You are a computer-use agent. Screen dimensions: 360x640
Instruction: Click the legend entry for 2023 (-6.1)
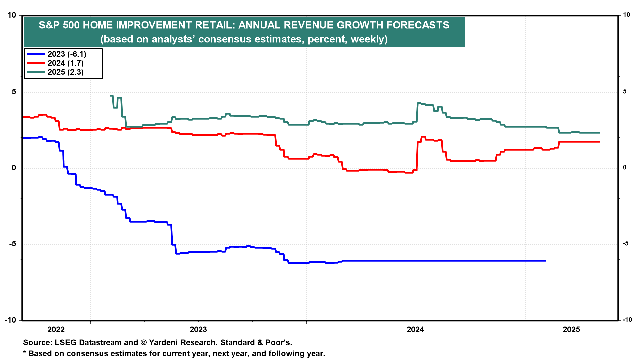click(67, 54)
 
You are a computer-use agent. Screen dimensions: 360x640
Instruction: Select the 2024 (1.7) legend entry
click(65, 63)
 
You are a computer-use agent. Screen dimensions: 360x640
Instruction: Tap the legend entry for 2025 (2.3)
click(65, 72)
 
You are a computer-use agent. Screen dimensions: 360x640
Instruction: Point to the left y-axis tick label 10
click(12, 15)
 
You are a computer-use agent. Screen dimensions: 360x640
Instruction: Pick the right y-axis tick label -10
click(627, 320)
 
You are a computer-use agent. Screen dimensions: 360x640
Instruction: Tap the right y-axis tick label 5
click(625, 92)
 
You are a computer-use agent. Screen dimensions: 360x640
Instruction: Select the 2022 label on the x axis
click(56, 330)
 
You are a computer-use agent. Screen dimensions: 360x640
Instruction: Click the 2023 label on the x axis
click(198, 330)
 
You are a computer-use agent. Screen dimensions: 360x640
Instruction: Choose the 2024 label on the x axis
click(415, 330)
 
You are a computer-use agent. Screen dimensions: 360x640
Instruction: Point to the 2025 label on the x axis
click(571, 330)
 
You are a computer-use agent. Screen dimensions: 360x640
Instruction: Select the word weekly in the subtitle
click(368, 39)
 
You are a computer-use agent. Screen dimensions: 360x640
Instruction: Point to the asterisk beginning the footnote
click(25, 353)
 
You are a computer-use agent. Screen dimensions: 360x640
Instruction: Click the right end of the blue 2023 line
click(545, 261)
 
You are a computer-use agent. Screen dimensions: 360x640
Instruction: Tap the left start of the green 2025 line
click(110, 96)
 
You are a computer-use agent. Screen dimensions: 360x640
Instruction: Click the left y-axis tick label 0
click(14, 168)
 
